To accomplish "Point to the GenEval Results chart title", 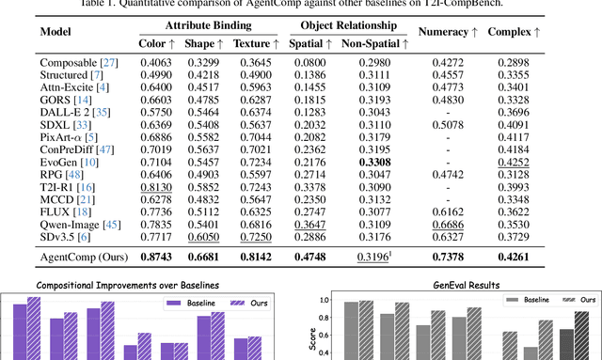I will point(453,283).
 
